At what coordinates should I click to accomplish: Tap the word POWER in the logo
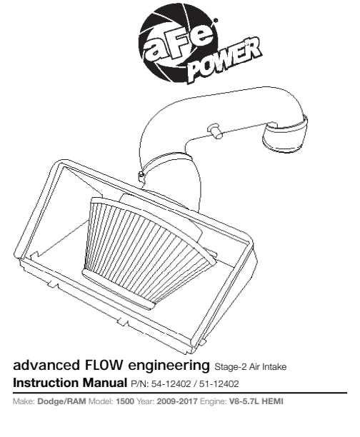tap(225, 60)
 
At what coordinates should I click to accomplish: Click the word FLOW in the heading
tap(103, 366)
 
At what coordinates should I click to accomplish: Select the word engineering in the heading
tap(169, 366)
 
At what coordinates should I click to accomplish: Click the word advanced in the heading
tap(46, 366)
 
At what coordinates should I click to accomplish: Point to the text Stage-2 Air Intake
tap(251, 367)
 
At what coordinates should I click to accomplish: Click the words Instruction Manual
tap(70, 383)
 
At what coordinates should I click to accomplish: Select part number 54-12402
tap(171, 384)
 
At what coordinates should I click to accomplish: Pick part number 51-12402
tap(219, 384)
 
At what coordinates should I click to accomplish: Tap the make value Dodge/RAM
tap(61, 401)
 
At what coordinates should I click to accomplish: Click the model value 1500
tap(125, 401)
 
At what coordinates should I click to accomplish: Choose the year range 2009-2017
tap(177, 401)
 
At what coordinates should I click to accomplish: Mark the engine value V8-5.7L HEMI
tap(256, 401)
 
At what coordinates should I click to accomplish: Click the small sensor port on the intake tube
tap(214, 130)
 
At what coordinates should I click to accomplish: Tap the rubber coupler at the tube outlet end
tap(284, 135)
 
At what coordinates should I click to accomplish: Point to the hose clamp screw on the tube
tap(141, 175)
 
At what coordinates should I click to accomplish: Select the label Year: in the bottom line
tap(145, 401)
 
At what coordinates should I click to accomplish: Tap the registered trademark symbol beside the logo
tap(215, 20)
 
